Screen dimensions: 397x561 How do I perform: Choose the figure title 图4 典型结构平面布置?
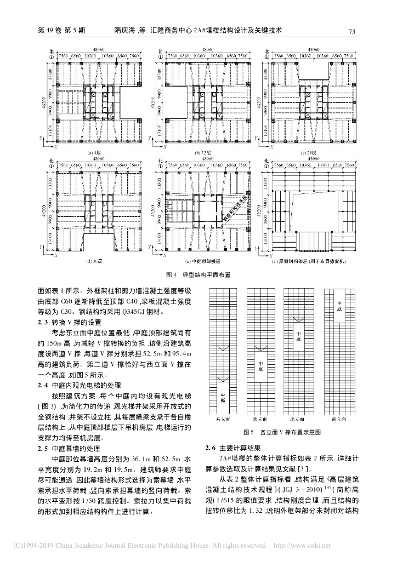point(198,274)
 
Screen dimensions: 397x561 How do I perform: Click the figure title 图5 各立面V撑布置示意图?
point(281,432)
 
